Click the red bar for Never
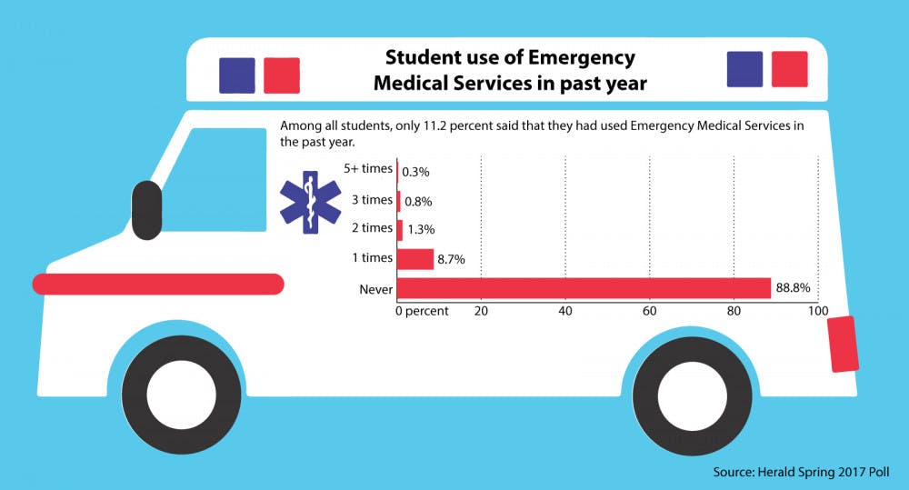pyautogui.click(x=584, y=288)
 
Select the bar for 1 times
pyautogui.click(x=415, y=259)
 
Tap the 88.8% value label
pyautogui.click(x=792, y=288)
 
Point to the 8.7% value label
pyautogui.click(x=451, y=259)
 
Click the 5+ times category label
pyautogui.click(x=368, y=169)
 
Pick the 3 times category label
pyautogui.click(x=371, y=200)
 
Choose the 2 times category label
pyautogui.click(x=371, y=228)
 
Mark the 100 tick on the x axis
pyautogui.click(x=817, y=312)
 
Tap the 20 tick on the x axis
pyautogui.click(x=482, y=312)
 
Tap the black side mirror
pyautogui.click(x=145, y=209)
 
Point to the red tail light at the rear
pyautogui.click(x=844, y=344)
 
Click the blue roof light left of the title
pyautogui.click(x=236, y=76)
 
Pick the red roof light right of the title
pyautogui.click(x=789, y=68)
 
